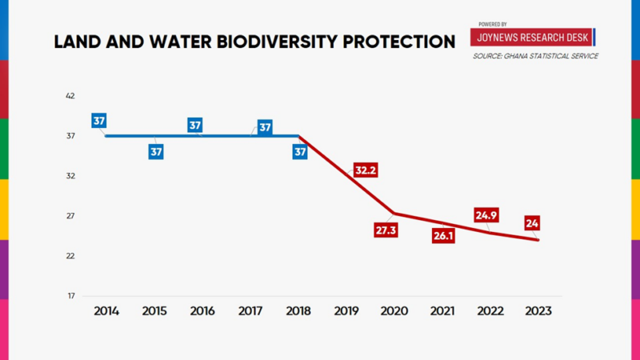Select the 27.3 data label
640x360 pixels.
(x=386, y=230)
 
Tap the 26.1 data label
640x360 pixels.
(x=443, y=237)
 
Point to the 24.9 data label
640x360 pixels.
(x=486, y=215)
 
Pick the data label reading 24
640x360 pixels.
(x=532, y=223)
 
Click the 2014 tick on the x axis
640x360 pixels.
(x=106, y=310)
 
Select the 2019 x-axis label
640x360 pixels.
(x=346, y=310)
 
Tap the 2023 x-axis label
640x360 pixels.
(x=537, y=310)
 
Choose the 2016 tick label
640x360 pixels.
(x=202, y=310)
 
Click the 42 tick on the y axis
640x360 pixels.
(x=70, y=96)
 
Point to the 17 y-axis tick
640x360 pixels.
(x=70, y=296)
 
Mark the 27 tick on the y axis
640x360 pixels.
(x=70, y=216)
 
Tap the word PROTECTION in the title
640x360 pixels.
(x=398, y=42)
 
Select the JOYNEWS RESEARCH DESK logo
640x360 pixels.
(x=532, y=38)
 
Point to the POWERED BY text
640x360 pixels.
(x=493, y=25)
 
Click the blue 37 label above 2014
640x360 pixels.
(x=99, y=122)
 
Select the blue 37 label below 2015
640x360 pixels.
(x=156, y=151)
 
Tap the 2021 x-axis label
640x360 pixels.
(x=442, y=310)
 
